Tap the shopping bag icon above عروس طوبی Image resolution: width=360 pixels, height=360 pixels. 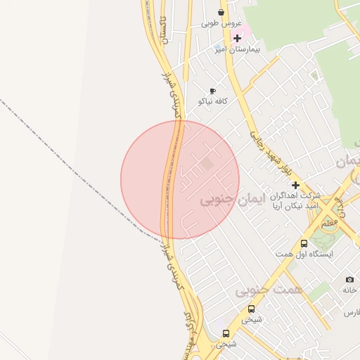point(221,12)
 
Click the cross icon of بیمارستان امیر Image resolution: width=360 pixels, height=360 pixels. point(238,38)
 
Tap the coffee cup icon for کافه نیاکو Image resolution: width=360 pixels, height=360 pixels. point(212,91)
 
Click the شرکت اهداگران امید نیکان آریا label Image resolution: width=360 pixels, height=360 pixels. point(297,200)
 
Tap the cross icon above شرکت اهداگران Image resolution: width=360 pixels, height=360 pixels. point(296,186)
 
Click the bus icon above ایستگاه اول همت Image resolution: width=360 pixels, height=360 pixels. point(304,243)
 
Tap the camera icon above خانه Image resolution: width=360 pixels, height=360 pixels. point(349,280)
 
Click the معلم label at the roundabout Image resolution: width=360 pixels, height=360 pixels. point(328,223)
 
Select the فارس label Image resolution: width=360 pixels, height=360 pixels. point(352,311)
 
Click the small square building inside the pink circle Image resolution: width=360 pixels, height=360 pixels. point(207,164)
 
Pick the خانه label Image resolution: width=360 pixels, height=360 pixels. point(350,290)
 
